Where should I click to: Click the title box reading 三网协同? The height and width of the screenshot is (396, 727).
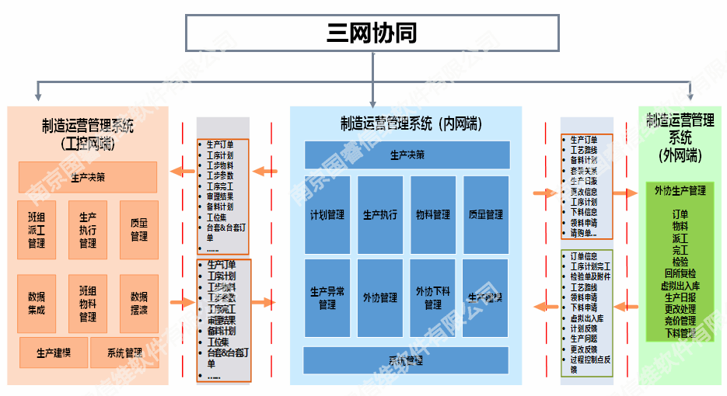tap(372, 33)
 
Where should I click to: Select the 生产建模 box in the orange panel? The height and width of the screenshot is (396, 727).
tap(54, 353)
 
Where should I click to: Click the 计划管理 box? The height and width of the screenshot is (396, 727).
tap(327, 215)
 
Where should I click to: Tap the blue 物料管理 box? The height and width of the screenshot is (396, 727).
tap(433, 215)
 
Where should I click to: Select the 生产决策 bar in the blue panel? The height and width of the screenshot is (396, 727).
tap(407, 155)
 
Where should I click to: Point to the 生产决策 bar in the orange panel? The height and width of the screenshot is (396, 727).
tap(88, 177)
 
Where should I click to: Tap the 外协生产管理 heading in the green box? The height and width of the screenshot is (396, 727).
tap(680, 190)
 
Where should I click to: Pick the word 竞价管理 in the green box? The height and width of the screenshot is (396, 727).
tap(680, 321)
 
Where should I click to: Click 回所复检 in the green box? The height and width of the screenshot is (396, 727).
tap(680, 273)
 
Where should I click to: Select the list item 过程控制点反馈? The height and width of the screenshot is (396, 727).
tap(590, 364)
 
